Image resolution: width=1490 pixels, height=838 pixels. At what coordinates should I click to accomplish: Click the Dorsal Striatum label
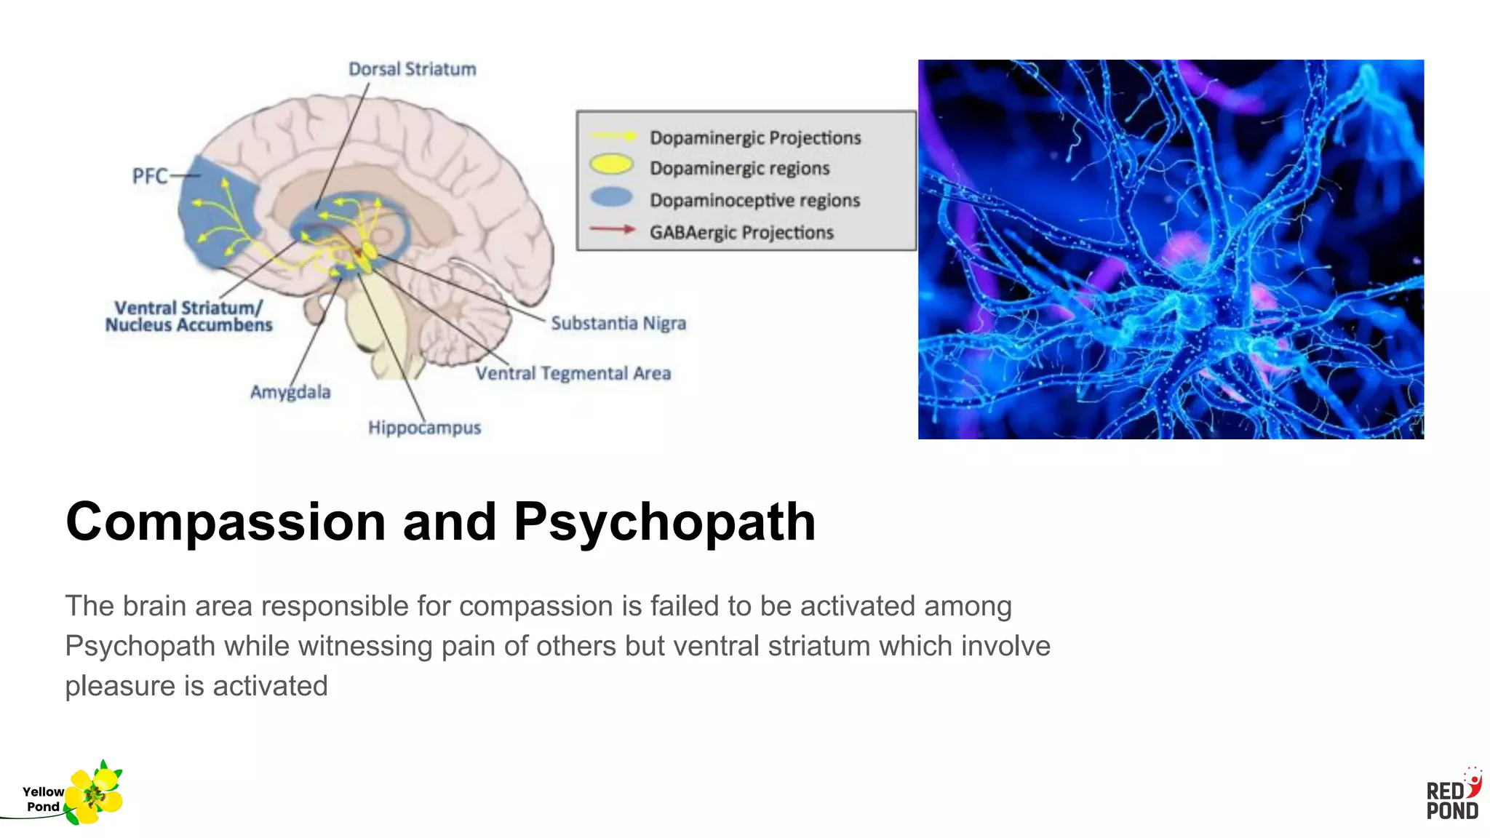(412, 69)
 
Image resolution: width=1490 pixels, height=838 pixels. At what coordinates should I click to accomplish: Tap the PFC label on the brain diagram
(149, 176)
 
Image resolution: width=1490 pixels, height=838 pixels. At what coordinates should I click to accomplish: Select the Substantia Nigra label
(618, 323)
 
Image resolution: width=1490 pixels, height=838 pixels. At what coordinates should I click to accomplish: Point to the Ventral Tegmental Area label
(573, 373)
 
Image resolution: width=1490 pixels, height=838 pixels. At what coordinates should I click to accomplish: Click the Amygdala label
(290, 392)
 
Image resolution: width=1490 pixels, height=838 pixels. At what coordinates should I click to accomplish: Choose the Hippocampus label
(424, 428)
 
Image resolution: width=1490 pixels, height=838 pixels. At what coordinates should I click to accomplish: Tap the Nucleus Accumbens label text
(188, 325)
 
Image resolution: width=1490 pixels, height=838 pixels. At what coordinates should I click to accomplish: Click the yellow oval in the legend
(611, 165)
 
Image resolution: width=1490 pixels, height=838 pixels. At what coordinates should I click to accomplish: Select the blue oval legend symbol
(611, 197)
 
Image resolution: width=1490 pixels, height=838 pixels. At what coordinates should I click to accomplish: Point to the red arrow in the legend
(612, 230)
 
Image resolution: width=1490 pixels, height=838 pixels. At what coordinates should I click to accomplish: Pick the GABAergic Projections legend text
(741, 233)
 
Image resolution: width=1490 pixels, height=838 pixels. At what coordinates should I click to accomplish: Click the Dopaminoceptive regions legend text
(754, 200)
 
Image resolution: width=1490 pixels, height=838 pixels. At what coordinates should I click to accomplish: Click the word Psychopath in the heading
(664, 522)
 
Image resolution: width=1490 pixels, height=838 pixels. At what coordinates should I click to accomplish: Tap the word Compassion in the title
(226, 522)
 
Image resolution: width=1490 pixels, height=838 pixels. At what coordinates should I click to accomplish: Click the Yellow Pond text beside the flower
(43, 799)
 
